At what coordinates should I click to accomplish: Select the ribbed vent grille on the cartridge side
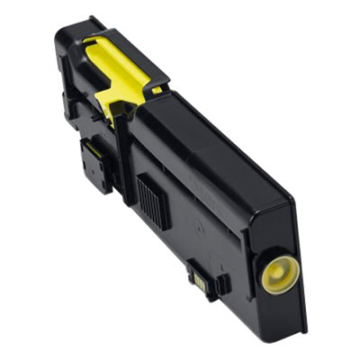[152, 199]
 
